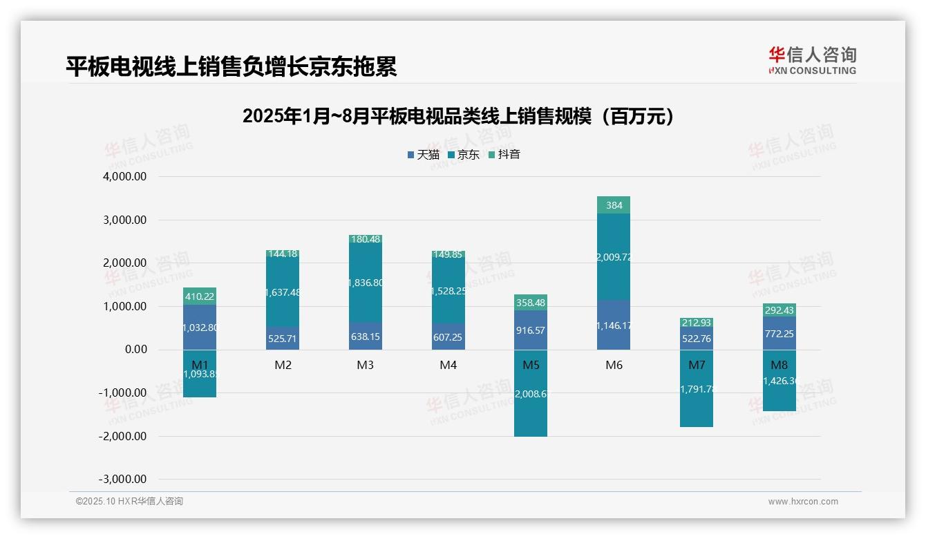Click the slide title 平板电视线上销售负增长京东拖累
point(231,66)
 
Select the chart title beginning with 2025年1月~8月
point(457,116)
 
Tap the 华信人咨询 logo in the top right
point(812,60)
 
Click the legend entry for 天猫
point(424,154)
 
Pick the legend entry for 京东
point(464,154)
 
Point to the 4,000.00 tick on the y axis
point(124,177)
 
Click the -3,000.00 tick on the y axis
point(123,479)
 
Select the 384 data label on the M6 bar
point(614,205)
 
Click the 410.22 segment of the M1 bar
point(200,296)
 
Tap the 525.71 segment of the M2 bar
point(283,338)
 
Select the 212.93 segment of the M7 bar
point(697,323)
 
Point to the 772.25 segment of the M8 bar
point(779,333)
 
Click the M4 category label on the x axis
point(448,365)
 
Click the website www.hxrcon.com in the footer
point(802,502)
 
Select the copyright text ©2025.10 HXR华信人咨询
point(129,502)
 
